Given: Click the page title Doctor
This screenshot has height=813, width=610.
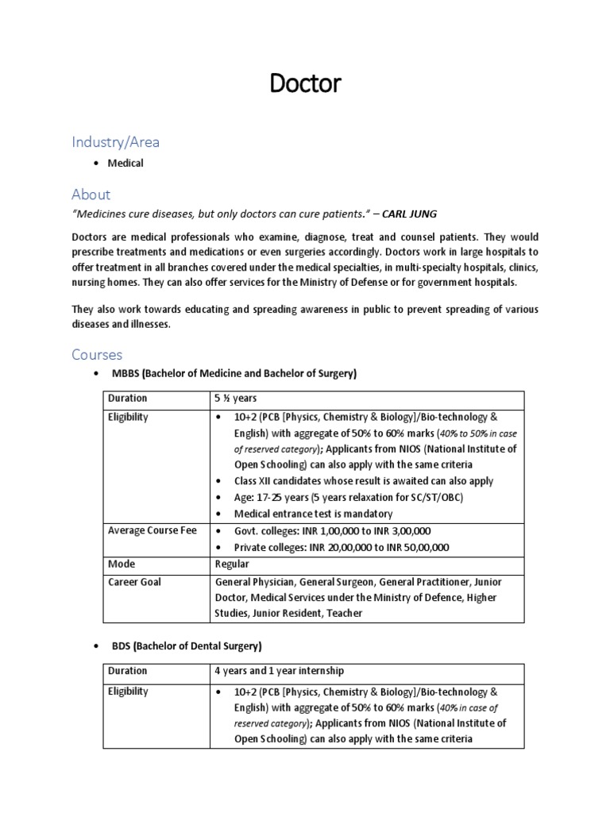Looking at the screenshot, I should point(305,83).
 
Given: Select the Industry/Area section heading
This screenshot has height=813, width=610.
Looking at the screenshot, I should point(115,142).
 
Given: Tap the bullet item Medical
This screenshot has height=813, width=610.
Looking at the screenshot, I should point(127,163).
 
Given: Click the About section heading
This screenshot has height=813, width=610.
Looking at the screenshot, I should point(91,194).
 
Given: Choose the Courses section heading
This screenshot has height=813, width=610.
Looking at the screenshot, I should point(97,354).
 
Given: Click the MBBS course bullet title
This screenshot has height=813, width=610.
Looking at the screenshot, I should point(234,374).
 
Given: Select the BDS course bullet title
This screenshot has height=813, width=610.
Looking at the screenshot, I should point(187,645).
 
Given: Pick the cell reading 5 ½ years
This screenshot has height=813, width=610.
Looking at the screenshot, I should point(234,399).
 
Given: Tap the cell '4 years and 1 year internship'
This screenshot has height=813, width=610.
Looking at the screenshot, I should point(278,671).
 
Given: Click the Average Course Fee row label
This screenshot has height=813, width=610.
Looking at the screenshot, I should point(152,530).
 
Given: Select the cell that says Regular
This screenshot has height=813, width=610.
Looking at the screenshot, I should point(232,564).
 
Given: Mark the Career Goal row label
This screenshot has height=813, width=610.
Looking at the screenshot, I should point(134,582).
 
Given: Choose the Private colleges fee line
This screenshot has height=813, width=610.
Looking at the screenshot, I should point(342,547).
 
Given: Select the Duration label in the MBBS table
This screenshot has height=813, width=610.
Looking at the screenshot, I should point(127,399).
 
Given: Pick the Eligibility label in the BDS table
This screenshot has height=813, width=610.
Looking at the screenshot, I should point(128,692).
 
